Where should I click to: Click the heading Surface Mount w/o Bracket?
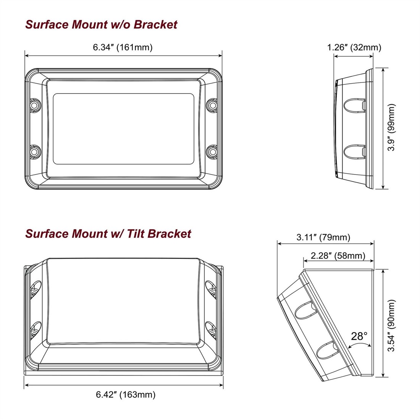click(x=101, y=24)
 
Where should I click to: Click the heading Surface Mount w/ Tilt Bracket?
click(x=108, y=233)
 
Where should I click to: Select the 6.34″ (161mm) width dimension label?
click(x=123, y=47)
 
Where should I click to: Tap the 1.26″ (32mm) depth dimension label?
click(x=354, y=47)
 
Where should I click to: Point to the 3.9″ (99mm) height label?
click(x=391, y=128)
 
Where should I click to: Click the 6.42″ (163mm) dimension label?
click(x=126, y=394)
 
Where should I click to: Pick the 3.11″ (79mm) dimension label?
click(x=323, y=237)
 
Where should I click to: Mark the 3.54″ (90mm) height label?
click(x=391, y=325)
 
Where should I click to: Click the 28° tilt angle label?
click(x=359, y=336)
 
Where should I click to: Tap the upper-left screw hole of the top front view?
click(x=35, y=105)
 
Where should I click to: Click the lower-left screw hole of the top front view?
click(x=35, y=152)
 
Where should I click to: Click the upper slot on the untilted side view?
click(x=354, y=105)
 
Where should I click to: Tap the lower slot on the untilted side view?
click(x=354, y=152)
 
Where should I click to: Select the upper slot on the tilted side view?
click(x=306, y=310)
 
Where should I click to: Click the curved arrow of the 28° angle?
click(x=360, y=344)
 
